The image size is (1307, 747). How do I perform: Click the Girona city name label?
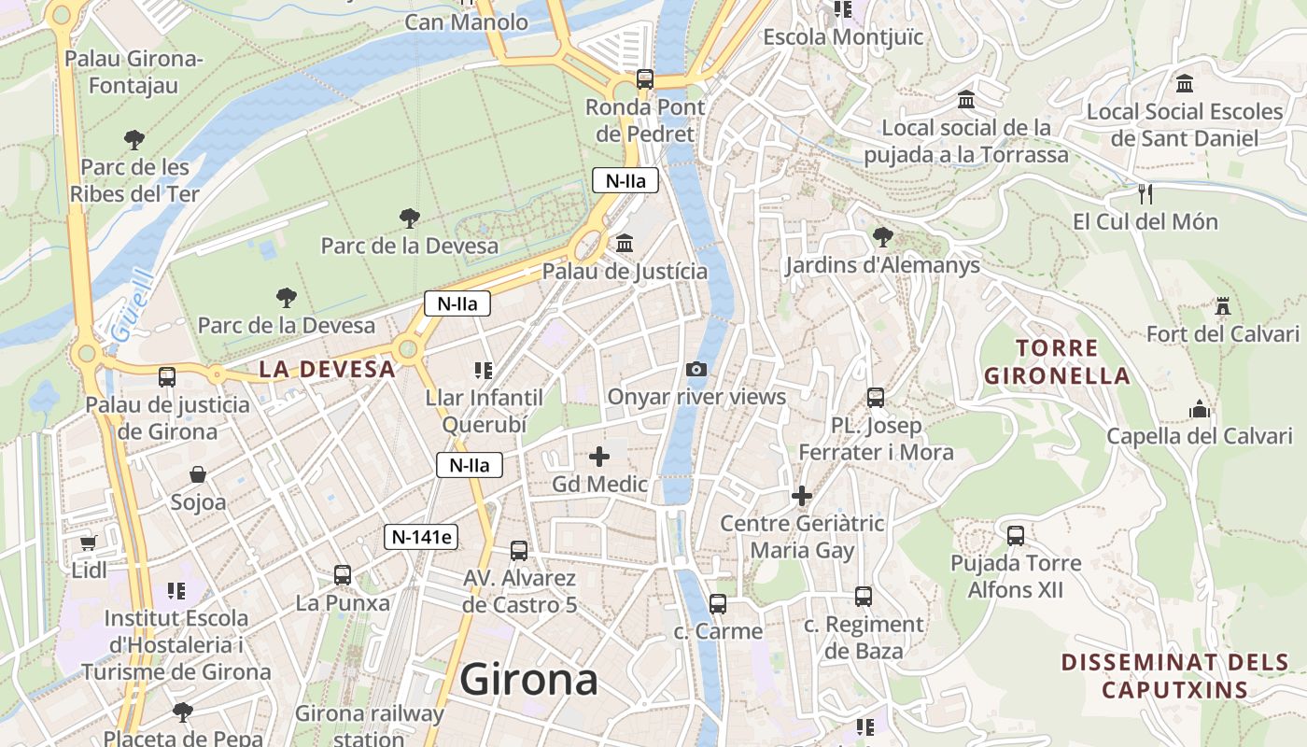[528, 679]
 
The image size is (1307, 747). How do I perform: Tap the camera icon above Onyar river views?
[696, 370]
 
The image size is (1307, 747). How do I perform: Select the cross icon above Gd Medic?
[599, 457]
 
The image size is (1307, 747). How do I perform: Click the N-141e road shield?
[421, 537]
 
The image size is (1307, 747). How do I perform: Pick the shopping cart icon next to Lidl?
[89, 543]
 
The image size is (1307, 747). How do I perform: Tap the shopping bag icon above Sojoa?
[198, 475]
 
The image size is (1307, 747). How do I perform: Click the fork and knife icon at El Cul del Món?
[1146, 194]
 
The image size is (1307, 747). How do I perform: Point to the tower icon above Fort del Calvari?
[1222, 306]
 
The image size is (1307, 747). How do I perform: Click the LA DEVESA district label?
[328, 369]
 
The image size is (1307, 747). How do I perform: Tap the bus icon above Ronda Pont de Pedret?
[645, 79]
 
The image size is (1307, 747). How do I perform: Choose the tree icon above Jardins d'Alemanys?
[882, 237]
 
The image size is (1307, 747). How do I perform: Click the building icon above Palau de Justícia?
[625, 244]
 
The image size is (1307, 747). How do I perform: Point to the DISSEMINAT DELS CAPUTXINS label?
[1174, 676]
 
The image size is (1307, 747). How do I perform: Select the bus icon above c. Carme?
[717, 604]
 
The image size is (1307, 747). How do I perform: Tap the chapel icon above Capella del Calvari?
[1199, 409]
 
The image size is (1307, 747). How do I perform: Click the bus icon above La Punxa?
[343, 575]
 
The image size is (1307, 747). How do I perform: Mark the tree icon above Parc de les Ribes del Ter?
[134, 140]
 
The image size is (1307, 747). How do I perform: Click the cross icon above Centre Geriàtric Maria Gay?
[802, 496]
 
